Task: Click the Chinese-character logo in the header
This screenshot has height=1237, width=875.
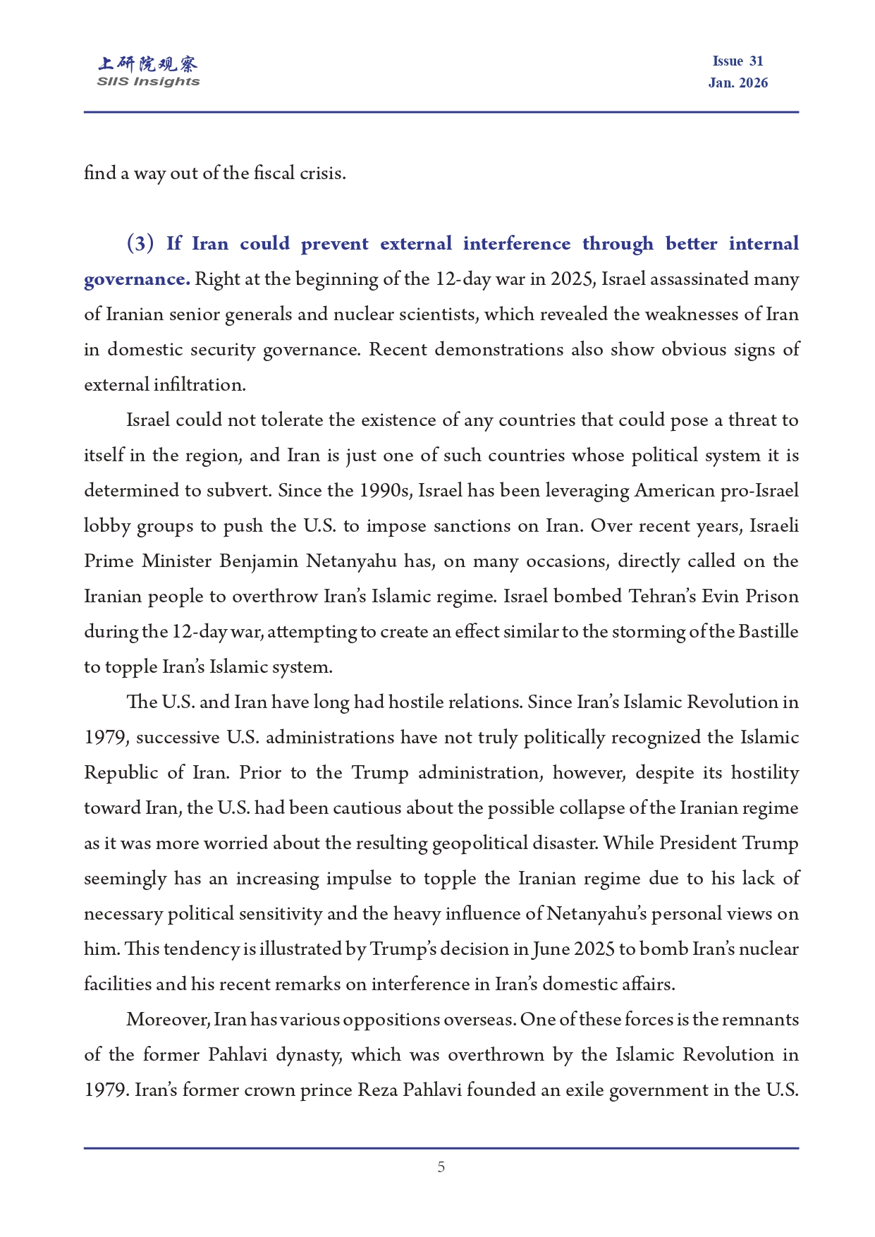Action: tap(148, 64)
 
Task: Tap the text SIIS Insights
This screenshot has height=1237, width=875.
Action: tap(148, 82)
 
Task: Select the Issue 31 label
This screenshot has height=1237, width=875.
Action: tap(738, 61)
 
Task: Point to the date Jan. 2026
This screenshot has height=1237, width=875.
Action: tap(738, 83)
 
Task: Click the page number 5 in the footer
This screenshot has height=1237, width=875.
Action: tap(441, 1167)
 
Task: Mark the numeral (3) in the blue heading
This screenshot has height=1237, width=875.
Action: tap(140, 244)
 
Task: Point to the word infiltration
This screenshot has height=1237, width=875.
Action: tap(200, 385)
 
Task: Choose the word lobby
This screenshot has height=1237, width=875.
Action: tap(106, 526)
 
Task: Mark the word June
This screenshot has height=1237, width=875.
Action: tap(551, 949)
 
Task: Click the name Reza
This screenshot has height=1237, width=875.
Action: tap(377, 1090)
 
